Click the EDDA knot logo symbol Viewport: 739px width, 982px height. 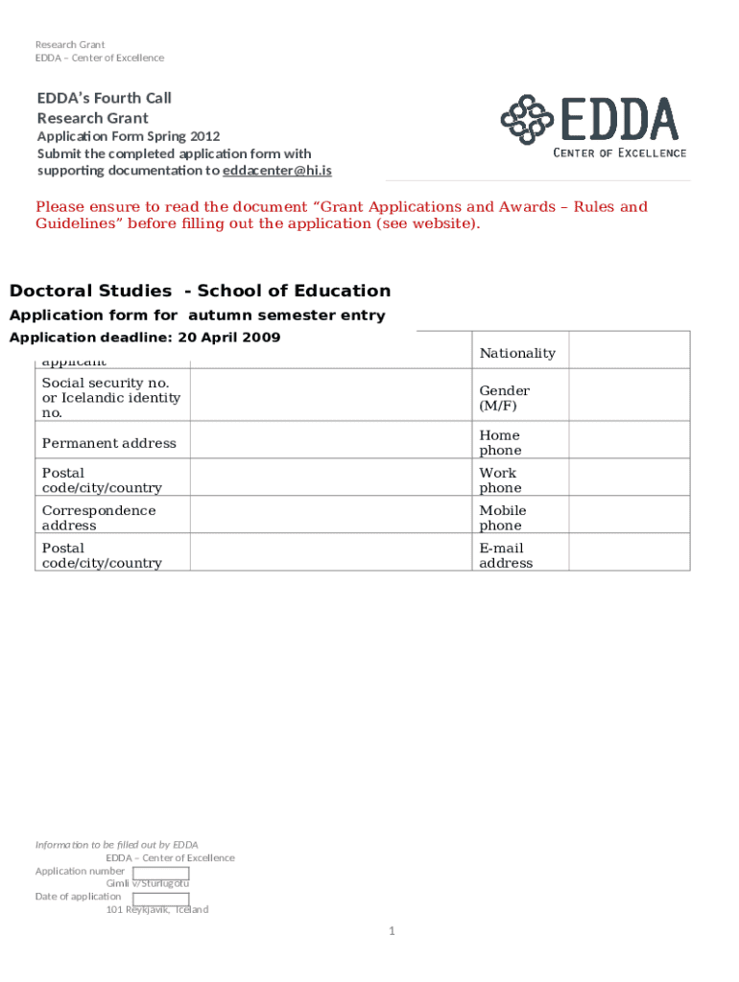pyautogui.click(x=526, y=118)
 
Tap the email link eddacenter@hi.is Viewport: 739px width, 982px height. pyautogui.click(x=277, y=171)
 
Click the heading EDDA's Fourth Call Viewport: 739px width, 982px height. pyautogui.click(x=104, y=98)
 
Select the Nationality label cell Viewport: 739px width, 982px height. pyautogui.click(x=517, y=353)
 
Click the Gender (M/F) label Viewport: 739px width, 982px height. pyautogui.click(x=504, y=398)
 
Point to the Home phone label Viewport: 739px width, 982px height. pyautogui.click(x=500, y=442)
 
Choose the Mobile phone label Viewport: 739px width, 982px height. pyautogui.click(x=502, y=518)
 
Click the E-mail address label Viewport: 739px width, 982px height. pyautogui.click(x=505, y=555)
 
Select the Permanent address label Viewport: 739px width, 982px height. pyautogui.click(x=108, y=443)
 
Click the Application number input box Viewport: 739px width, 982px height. pyautogui.click(x=160, y=873)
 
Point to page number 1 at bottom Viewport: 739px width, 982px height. pyautogui.click(x=392, y=931)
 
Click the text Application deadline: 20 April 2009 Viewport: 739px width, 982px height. pyautogui.click(x=144, y=338)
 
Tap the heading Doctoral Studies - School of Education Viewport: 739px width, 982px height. pyautogui.click(x=200, y=291)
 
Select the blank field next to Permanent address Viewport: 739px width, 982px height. pyautogui.click(x=331, y=442)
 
